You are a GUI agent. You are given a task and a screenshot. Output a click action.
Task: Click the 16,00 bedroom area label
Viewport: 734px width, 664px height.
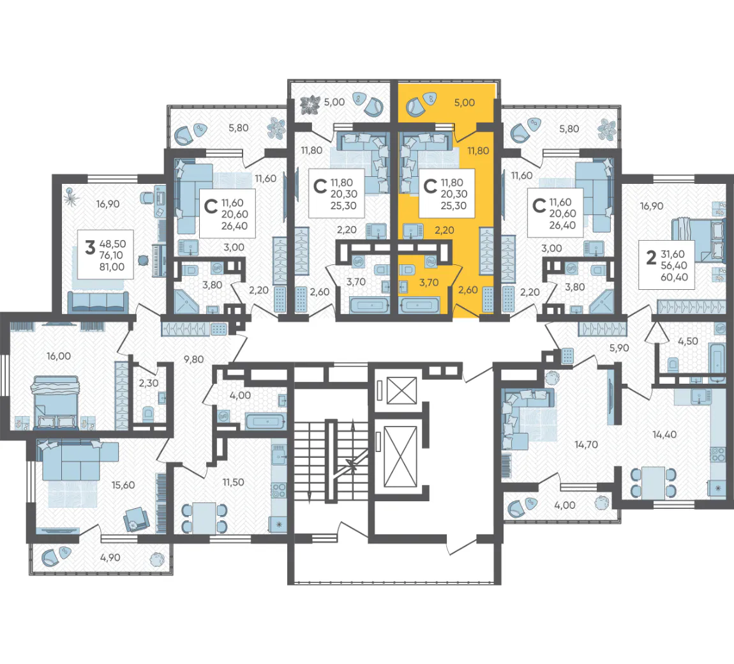59,356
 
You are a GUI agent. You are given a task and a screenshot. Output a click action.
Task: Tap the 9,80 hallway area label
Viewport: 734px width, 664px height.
193,359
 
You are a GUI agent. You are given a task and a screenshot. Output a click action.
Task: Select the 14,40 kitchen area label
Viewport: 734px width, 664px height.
664,435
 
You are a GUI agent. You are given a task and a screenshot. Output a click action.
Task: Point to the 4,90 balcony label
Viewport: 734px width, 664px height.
110,557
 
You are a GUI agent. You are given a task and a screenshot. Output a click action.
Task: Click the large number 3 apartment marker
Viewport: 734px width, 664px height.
90,247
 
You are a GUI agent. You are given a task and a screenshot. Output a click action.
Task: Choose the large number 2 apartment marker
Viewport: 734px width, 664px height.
650,257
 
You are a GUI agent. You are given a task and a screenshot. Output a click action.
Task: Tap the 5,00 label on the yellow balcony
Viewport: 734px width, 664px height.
465,103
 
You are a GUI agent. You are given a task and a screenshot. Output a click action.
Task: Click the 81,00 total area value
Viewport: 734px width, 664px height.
112,267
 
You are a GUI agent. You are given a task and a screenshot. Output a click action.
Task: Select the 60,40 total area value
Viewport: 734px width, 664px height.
674,277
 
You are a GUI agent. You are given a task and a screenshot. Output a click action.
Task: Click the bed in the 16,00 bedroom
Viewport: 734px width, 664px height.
55,402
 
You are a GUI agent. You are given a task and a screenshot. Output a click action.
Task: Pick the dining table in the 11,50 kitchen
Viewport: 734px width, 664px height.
204,518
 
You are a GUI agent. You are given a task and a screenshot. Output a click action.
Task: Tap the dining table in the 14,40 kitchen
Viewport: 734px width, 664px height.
653,483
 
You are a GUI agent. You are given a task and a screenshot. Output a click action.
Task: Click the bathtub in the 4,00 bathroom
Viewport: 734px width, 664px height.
265,421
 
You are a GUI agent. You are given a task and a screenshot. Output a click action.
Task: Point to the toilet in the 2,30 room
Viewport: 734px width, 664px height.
148,414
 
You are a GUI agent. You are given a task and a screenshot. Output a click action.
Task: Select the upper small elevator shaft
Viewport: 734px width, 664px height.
401,391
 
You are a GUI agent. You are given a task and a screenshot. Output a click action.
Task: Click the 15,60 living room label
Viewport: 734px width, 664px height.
123,485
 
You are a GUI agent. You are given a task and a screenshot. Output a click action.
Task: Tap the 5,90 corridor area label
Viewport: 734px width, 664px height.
619,348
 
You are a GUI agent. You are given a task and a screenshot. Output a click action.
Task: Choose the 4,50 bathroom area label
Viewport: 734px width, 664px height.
687,341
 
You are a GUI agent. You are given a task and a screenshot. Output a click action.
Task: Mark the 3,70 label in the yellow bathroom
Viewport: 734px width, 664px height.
429,282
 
